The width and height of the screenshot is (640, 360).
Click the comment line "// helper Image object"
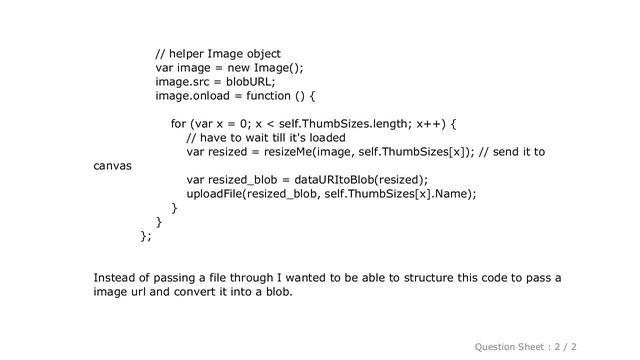[x=218, y=53]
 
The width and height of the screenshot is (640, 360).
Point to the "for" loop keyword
[x=179, y=124]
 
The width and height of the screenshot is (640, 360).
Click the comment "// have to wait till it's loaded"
[x=266, y=138]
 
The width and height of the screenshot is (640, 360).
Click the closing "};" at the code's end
[x=146, y=236]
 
